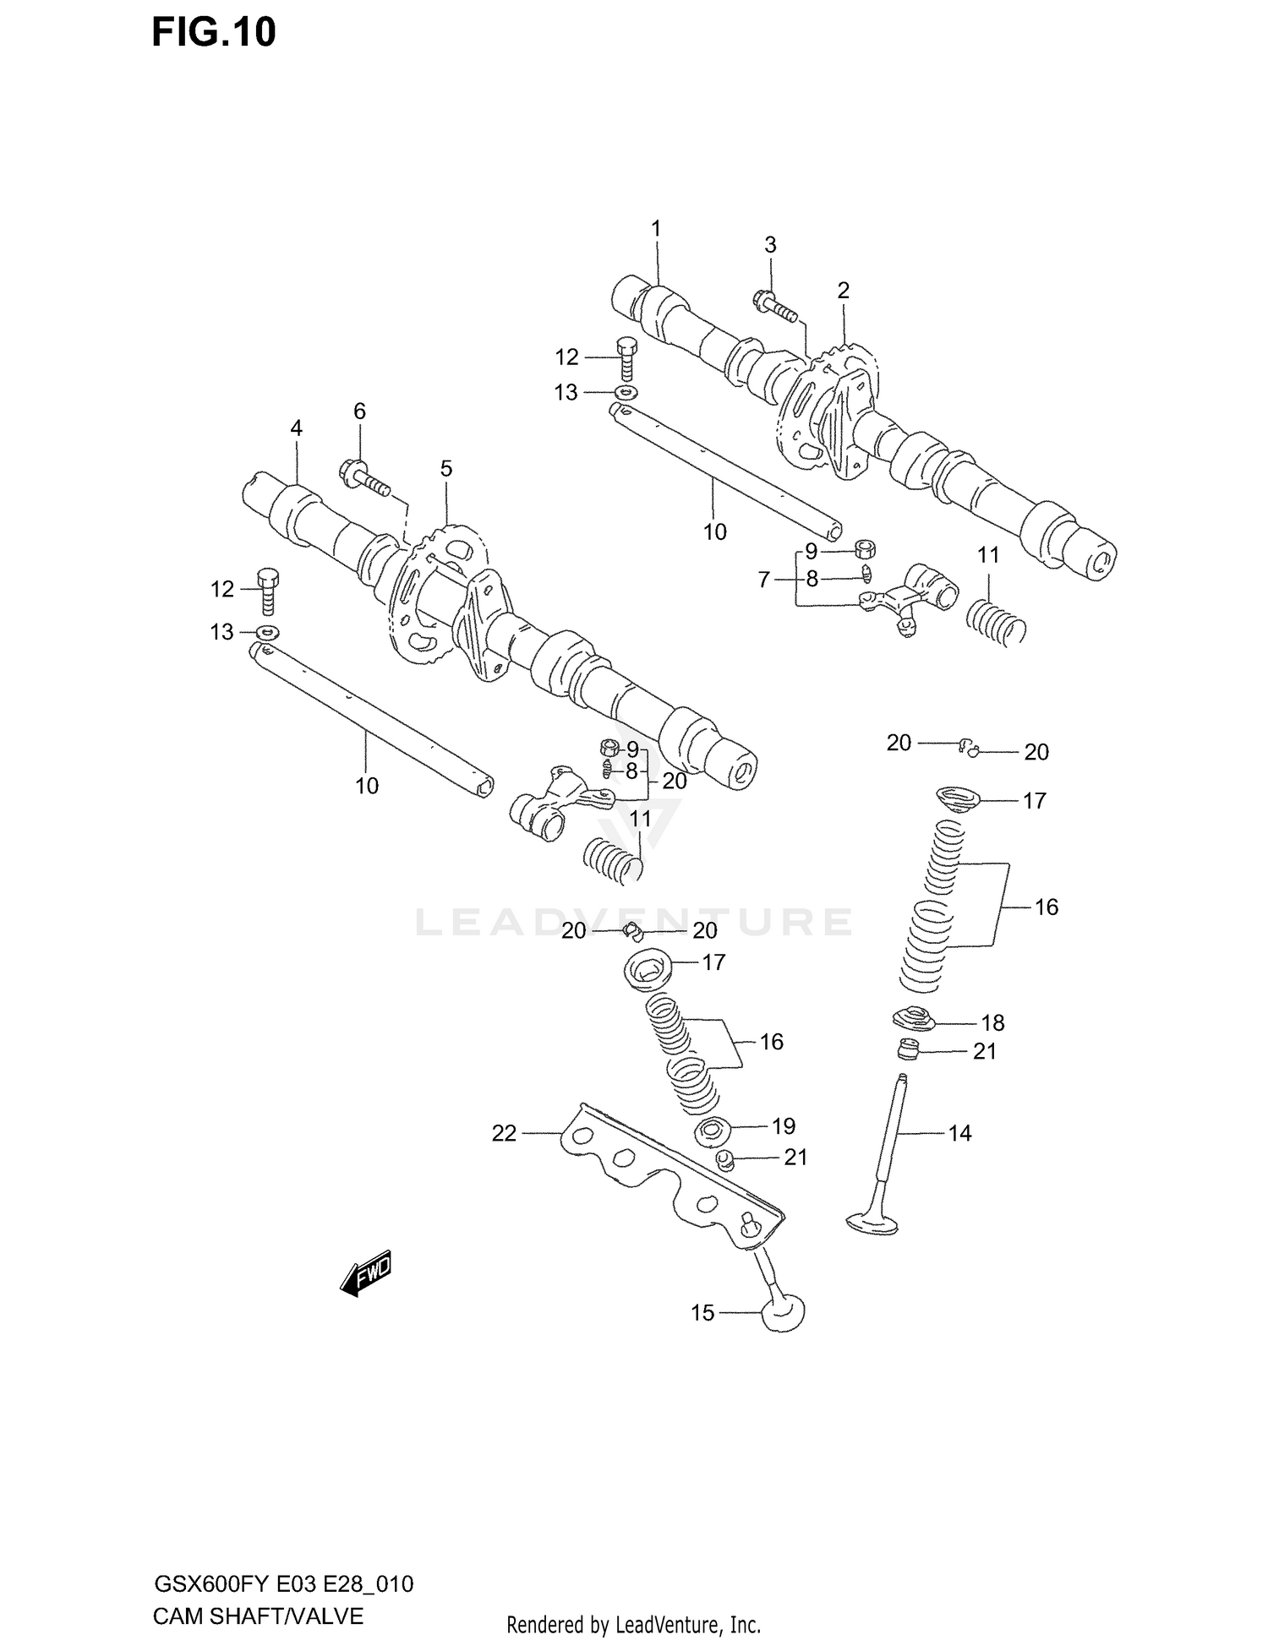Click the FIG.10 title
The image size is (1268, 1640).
pos(214,33)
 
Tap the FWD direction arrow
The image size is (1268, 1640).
pos(366,1273)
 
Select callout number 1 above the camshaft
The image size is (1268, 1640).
pos(655,228)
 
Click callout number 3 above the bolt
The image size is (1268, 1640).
pos(770,245)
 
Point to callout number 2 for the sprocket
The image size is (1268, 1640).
pos(843,291)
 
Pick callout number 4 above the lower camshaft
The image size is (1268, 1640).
pos(296,428)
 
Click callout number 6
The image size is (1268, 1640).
pos(359,411)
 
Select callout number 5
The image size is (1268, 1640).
pos(445,468)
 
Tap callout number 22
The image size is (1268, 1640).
pos(504,1133)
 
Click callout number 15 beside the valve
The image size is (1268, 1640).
pos(702,1312)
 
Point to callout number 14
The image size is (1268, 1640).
pos(959,1133)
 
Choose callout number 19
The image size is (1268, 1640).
pos(784,1125)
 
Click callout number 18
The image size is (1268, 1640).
pos(992,1022)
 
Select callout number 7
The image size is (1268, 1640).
pos(764,580)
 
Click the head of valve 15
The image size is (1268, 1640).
pos(783,1314)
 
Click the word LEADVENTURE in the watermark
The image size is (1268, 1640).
pos(634,921)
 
